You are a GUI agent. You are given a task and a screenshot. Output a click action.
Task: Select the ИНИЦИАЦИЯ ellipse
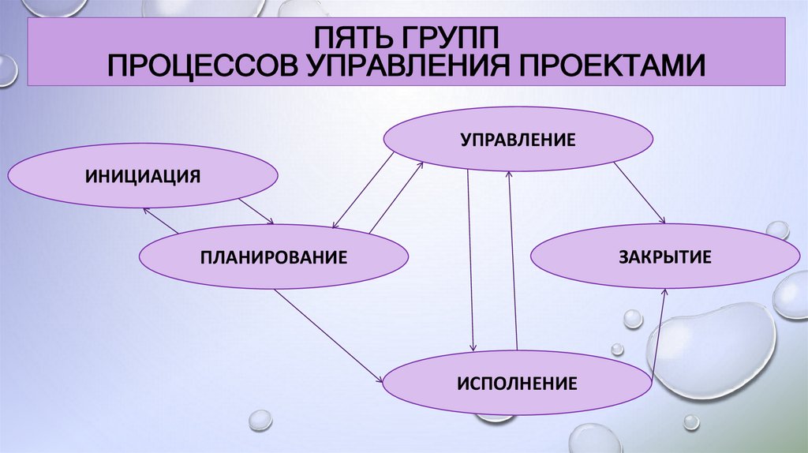point(143,175)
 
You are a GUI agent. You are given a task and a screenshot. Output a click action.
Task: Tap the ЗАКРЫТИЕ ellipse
point(665,256)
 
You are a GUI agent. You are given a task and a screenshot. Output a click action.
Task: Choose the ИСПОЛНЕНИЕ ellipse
point(518,384)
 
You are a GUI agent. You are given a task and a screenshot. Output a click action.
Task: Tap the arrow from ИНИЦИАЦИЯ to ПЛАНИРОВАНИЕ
point(256,211)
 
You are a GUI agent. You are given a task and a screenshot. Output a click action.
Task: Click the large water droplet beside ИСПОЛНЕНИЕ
point(711,348)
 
